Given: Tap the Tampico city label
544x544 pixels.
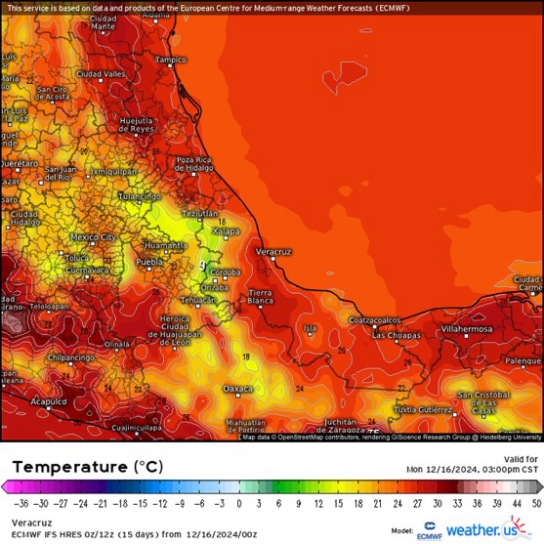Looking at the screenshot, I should [x=171, y=60].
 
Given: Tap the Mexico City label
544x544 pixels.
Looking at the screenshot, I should [x=94, y=236].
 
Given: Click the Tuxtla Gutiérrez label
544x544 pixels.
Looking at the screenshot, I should [x=424, y=409].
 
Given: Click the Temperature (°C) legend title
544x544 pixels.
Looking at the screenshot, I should [x=82, y=467].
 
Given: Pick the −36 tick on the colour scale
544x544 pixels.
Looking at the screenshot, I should [x=21, y=504].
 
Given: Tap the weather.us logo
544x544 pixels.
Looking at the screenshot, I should [x=479, y=530].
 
